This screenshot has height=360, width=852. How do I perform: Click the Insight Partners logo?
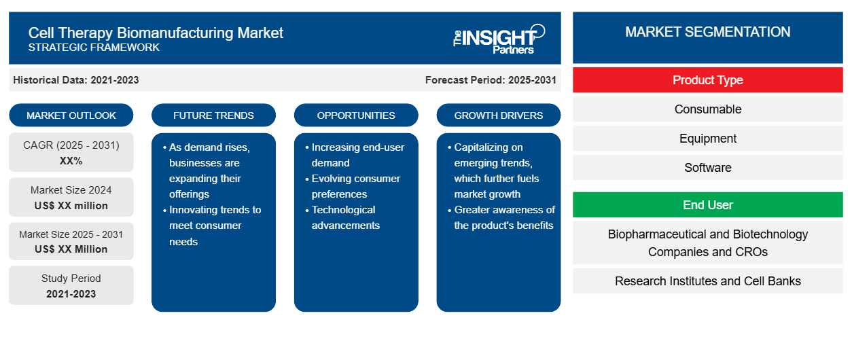click(x=499, y=39)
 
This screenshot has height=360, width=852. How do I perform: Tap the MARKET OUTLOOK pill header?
click(x=71, y=115)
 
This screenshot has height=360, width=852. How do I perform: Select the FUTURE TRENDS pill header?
click(x=213, y=115)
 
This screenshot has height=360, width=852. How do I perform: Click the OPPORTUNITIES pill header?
click(x=356, y=115)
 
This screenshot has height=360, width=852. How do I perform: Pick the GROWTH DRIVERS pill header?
click(x=498, y=115)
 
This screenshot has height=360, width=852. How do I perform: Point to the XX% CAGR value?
click(x=71, y=161)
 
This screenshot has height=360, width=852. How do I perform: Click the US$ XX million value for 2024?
click(x=71, y=206)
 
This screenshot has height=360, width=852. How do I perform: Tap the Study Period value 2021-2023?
click(x=71, y=294)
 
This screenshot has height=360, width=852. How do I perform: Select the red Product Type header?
click(x=708, y=80)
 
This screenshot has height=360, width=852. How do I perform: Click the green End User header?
click(x=708, y=205)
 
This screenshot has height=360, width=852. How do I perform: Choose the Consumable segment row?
click(x=708, y=109)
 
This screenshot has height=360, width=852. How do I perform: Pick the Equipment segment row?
click(x=708, y=139)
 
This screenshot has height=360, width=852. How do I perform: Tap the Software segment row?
click(x=708, y=168)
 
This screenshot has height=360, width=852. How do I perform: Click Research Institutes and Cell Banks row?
click(x=708, y=281)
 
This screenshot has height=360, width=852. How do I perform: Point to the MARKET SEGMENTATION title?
click(x=708, y=32)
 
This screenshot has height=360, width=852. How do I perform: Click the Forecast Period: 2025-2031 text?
click(x=491, y=80)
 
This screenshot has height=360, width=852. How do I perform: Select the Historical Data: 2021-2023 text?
click(x=76, y=80)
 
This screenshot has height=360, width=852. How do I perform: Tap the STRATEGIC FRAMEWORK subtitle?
click(x=94, y=48)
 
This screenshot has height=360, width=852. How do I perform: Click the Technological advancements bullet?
click(x=342, y=217)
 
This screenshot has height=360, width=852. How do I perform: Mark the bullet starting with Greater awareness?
click(x=501, y=217)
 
